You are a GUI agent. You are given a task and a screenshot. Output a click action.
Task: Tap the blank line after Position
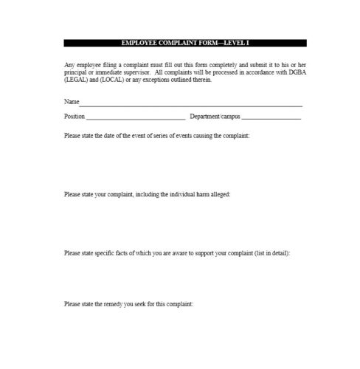pos(136,117)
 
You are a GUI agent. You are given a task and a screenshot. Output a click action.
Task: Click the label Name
pos(72,102)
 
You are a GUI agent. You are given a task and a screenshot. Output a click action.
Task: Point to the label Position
pos(75,116)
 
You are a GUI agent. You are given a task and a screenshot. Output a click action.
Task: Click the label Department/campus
pos(214,116)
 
